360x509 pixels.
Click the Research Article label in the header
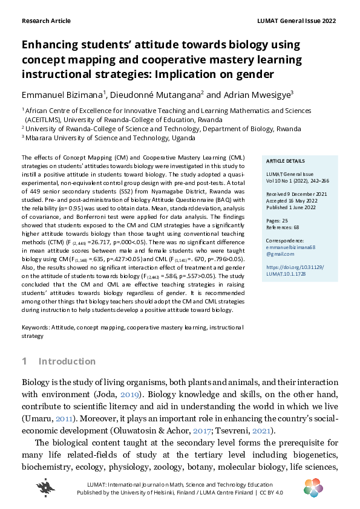coord(46,21)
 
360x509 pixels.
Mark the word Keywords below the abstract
coord(35,327)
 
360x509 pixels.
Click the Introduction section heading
coord(67,361)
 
